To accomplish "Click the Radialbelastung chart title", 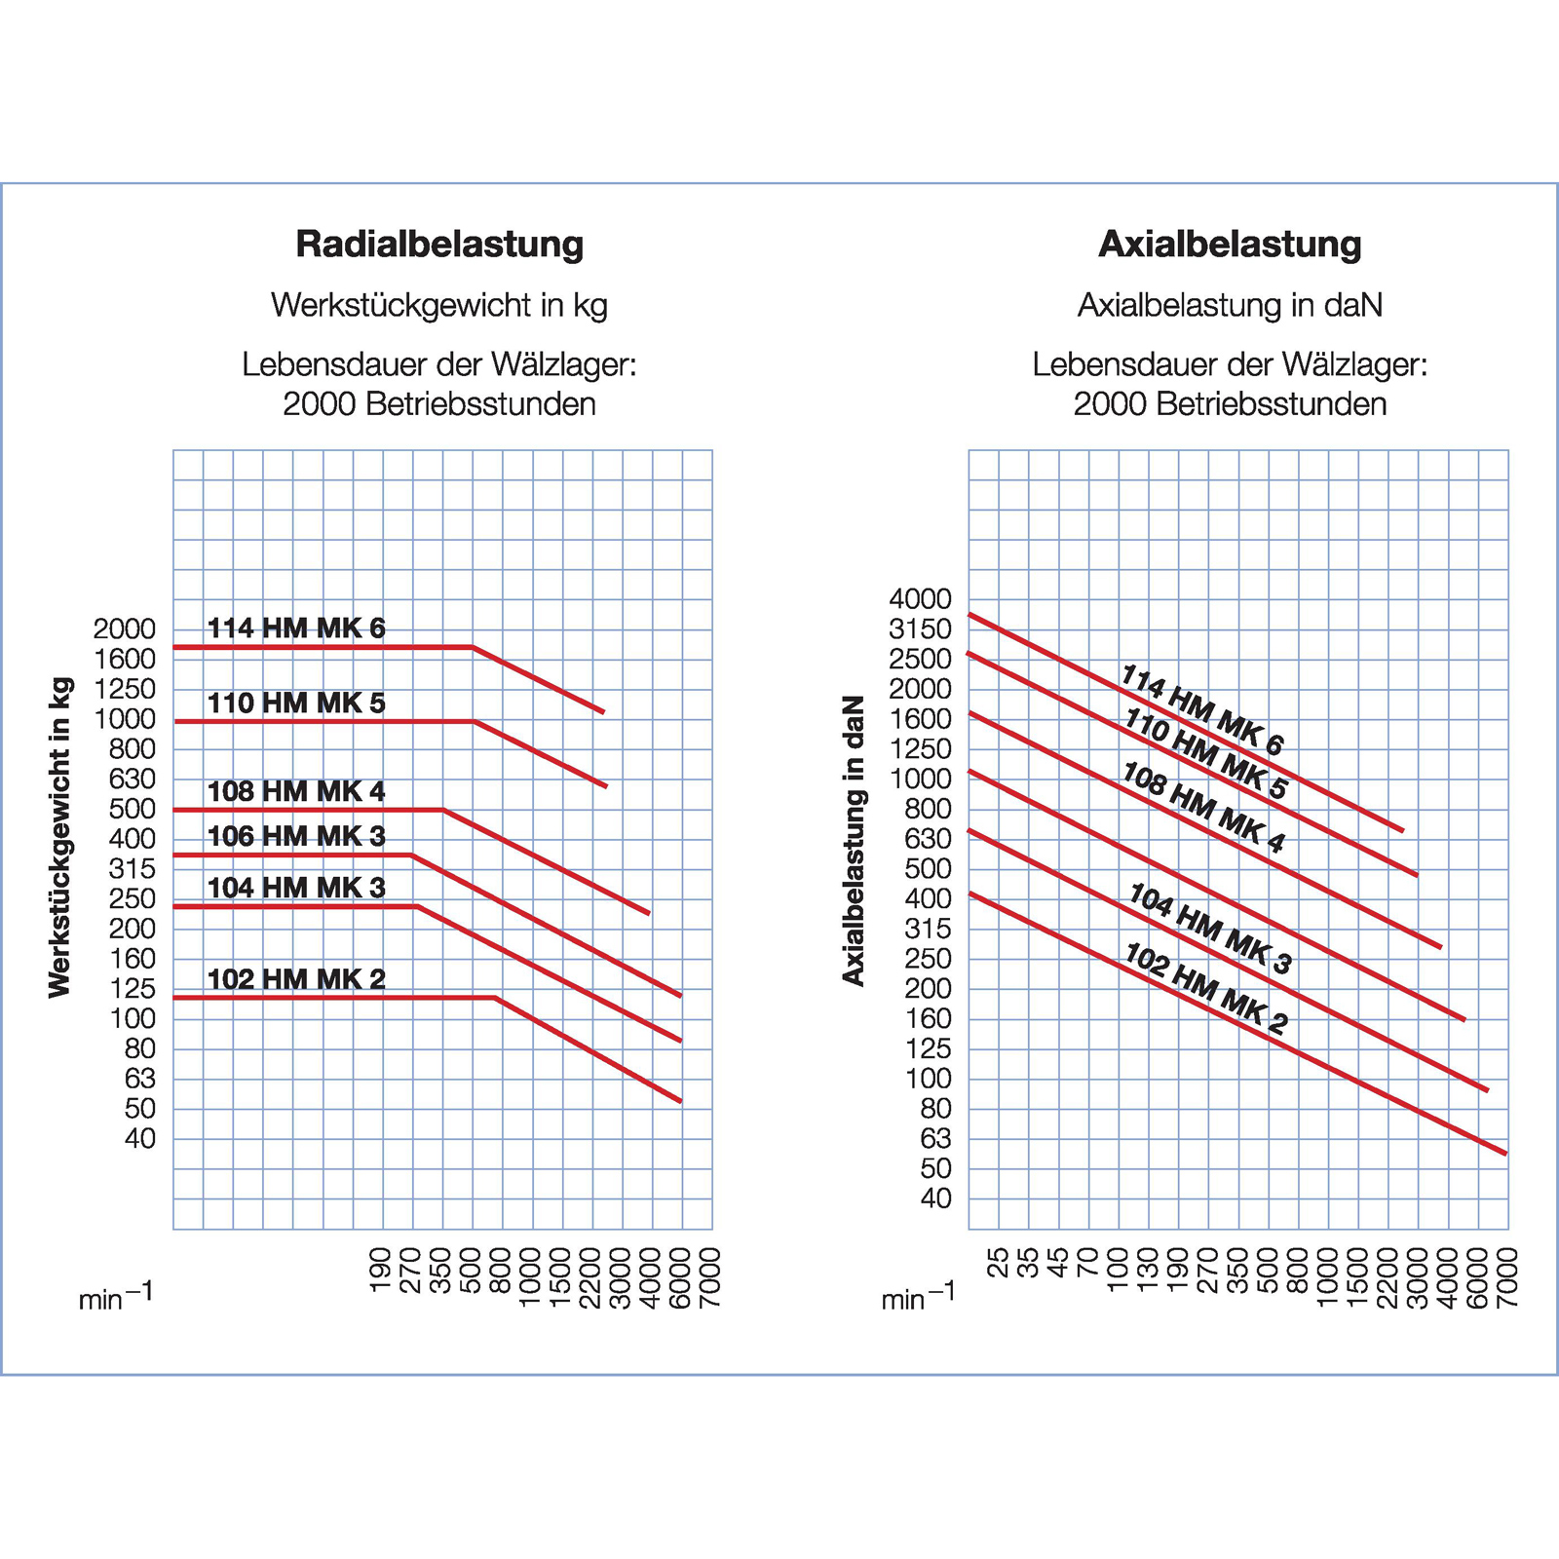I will coord(439,245).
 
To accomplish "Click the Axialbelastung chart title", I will coord(1230,245).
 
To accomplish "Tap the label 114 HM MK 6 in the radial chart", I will coord(296,628).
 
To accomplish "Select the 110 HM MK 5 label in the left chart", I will coord(296,703).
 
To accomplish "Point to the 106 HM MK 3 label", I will coord(296,836).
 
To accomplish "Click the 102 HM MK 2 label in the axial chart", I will coord(1206,988).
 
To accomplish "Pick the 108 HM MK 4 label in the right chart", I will coord(1204,808).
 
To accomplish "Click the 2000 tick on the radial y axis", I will coord(125,629).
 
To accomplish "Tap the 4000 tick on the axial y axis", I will coord(920,599).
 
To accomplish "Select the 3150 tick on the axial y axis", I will coord(920,629).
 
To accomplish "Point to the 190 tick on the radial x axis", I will coord(381,1270).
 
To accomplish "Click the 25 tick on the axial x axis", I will coord(998,1263).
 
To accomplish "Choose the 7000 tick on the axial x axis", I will coord(1506,1276).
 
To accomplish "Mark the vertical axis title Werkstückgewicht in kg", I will coord(60,837).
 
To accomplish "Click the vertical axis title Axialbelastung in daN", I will coord(854,841).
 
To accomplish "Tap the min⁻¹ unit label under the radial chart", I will coord(116,1297).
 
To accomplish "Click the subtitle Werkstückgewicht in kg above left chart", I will coord(439,306).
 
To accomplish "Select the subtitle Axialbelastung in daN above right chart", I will coord(1230,306).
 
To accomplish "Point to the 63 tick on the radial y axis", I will coord(139,1079).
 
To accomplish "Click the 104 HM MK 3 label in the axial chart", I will coord(1209,929).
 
